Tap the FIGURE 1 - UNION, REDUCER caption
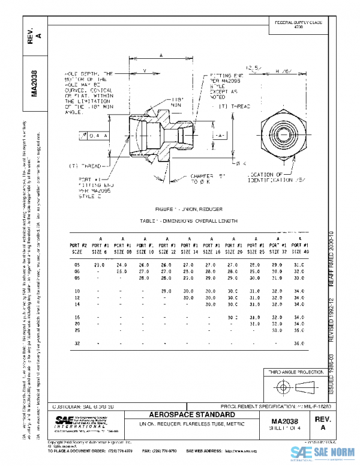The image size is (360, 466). click(x=188, y=208)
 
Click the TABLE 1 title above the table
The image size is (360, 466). click(x=188, y=221)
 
